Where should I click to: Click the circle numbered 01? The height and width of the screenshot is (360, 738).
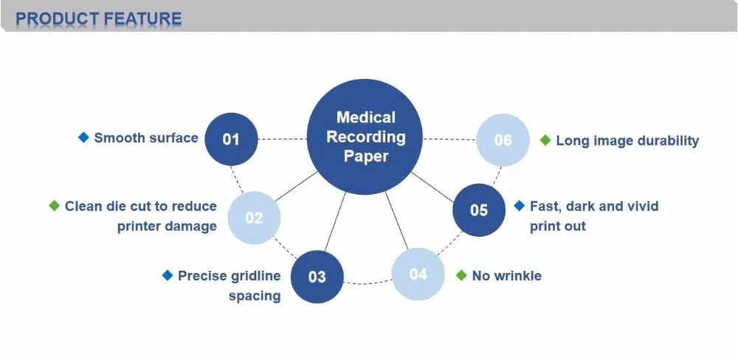coord(231,138)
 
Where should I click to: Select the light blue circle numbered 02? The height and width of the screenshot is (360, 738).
coord(254,218)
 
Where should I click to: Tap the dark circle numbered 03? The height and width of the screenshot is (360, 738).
coord(317,277)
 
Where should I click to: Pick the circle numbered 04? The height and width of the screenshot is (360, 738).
coord(418,274)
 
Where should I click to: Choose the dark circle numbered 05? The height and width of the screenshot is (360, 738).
coord(479,210)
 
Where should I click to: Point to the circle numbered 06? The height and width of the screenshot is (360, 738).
coord(503,139)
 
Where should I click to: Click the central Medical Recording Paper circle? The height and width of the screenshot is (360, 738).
coord(365,137)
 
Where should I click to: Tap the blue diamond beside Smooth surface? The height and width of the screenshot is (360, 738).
coord(83,137)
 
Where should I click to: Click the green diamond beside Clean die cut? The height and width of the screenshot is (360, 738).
coord(54,206)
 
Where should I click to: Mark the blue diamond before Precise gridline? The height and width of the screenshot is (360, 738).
coord(168,276)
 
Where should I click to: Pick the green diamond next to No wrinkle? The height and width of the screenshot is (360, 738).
coord(461,275)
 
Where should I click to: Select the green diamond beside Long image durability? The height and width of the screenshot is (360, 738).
coord(545,140)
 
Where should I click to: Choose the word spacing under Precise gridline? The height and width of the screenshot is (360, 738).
coord(255,296)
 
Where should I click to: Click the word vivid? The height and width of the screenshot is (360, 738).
coord(639,206)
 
